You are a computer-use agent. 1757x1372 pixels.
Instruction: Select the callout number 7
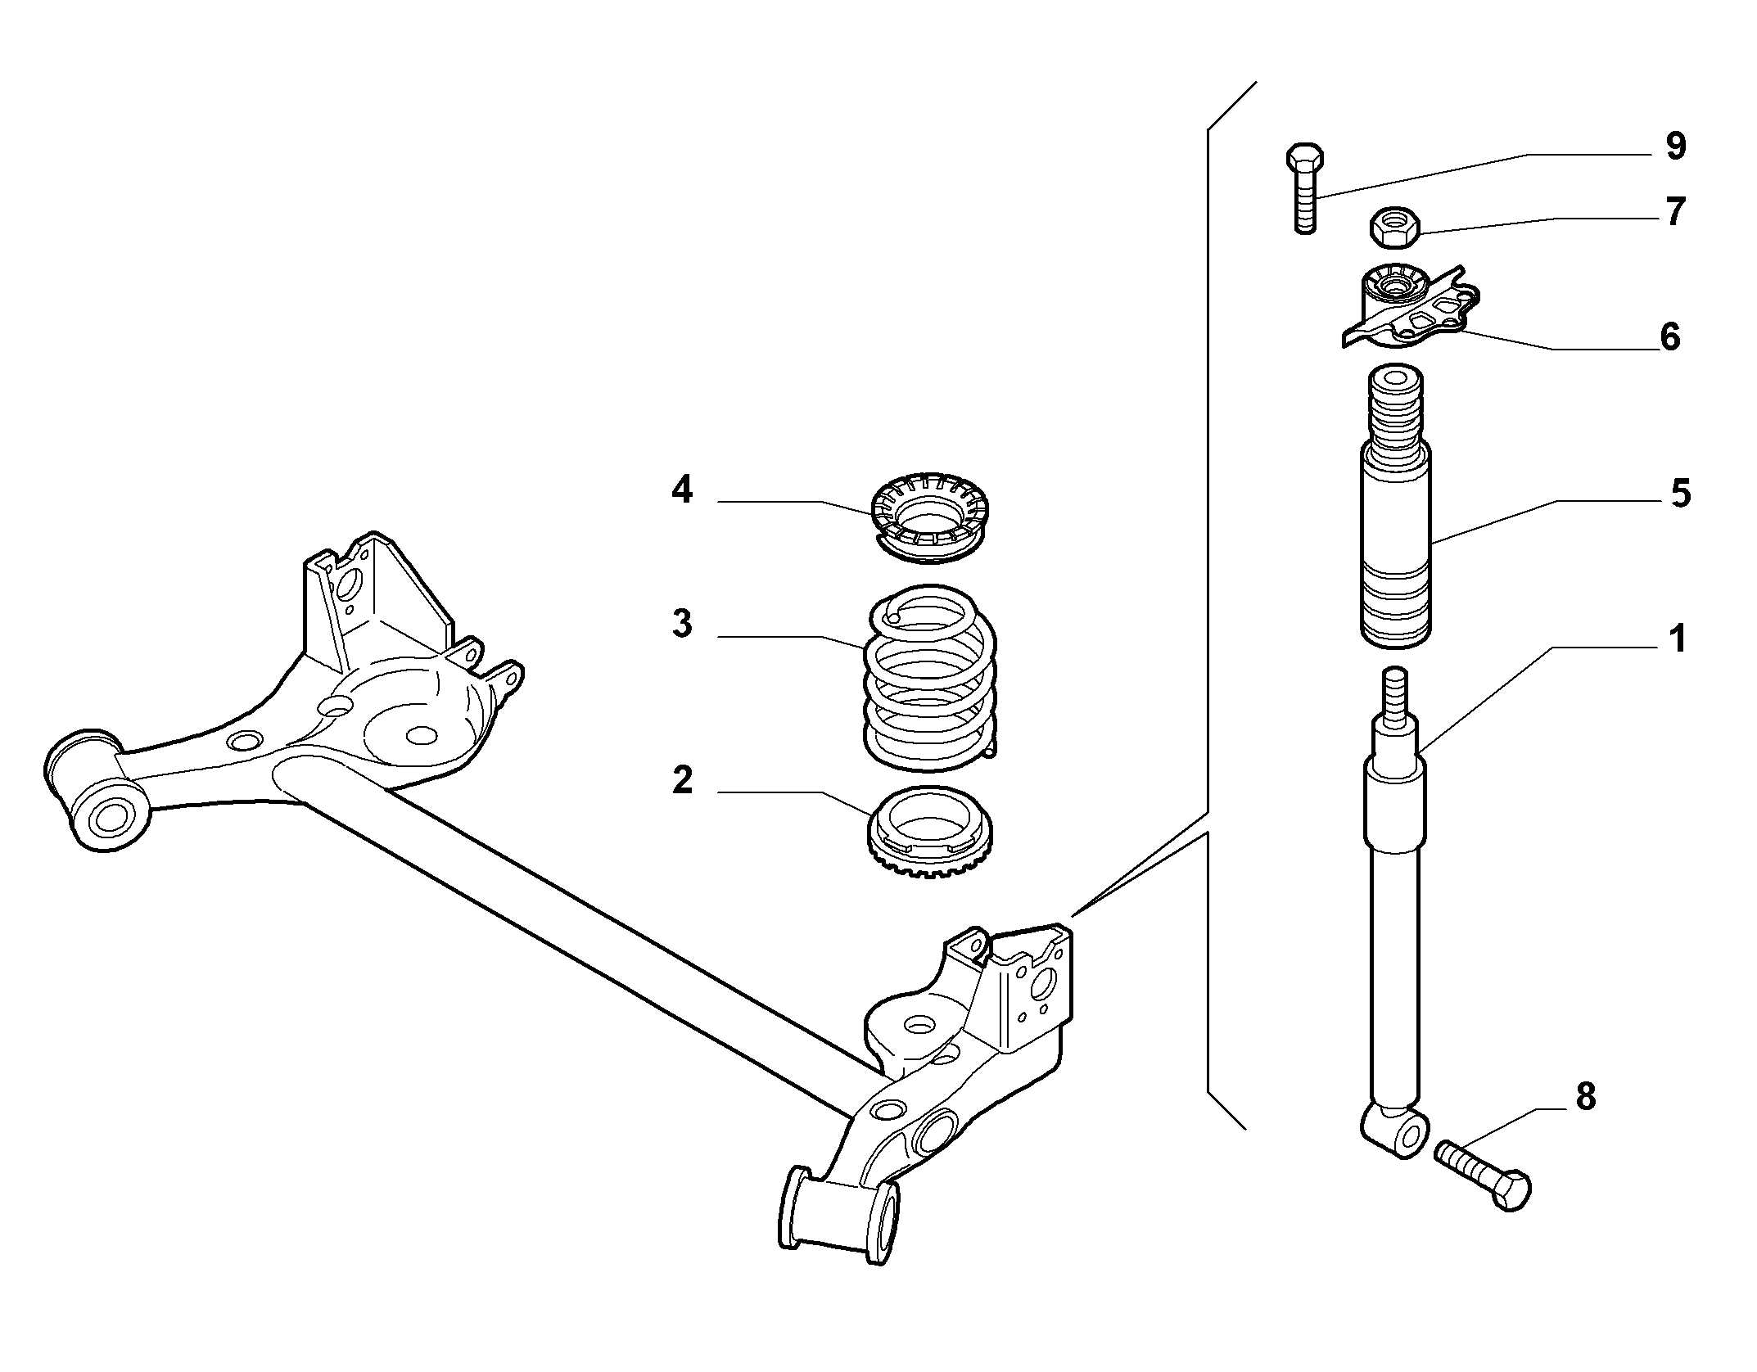[x=1676, y=212]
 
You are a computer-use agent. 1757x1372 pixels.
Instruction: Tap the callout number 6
[x=1669, y=336]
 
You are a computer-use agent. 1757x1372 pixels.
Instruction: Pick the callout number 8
[x=1585, y=1096]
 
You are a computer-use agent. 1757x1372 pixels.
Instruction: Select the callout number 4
[x=681, y=490]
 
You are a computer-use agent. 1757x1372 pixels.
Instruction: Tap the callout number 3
[x=682, y=623]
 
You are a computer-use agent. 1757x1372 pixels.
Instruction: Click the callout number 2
[x=682, y=780]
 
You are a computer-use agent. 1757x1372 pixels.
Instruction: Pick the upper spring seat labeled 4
[x=931, y=517]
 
